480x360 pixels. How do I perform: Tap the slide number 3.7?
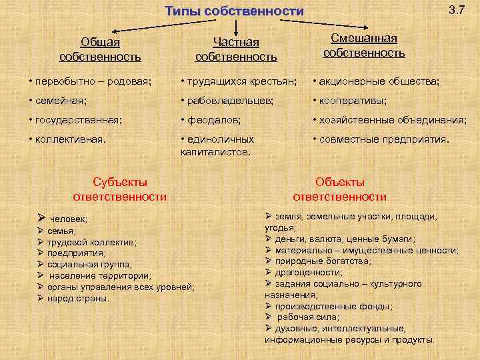point(457,10)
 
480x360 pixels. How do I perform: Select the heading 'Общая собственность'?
point(100,49)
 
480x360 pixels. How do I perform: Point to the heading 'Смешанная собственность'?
point(363,45)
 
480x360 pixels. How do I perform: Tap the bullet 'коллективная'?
point(70,139)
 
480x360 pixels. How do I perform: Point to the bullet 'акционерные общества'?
point(379,81)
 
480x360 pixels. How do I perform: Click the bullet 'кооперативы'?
point(353,101)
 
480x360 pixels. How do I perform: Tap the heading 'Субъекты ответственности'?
point(119,189)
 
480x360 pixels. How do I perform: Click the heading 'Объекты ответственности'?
point(340,189)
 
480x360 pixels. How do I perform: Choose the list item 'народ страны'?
point(78,298)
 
